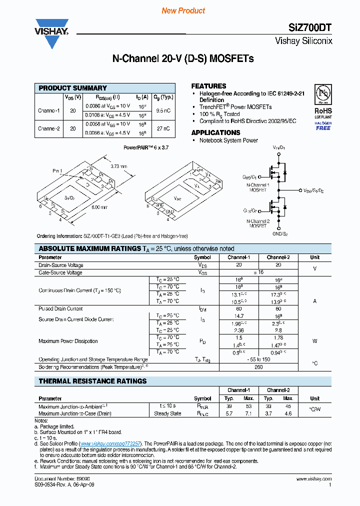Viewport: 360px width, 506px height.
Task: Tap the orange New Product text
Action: [x=183, y=10]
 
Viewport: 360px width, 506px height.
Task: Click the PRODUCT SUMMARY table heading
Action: [x=73, y=88]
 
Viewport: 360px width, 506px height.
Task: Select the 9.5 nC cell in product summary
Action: [x=163, y=110]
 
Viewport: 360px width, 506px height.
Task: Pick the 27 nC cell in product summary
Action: [x=163, y=128]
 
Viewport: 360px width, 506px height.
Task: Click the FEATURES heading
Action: [x=208, y=86]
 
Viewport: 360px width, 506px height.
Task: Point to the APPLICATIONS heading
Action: [x=215, y=132]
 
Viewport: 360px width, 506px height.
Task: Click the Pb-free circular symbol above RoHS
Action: [x=322, y=94]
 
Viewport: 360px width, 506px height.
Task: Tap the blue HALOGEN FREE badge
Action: [x=322, y=125]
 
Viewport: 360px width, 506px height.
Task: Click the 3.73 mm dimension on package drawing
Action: [x=118, y=166]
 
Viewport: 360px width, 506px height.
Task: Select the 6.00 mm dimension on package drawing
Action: [x=99, y=206]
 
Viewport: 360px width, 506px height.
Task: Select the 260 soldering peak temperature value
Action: [x=258, y=367]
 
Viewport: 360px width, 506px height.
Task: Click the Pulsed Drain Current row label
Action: [x=60, y=308]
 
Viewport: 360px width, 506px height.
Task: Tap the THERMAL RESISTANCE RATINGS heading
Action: [x=92, y=381]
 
